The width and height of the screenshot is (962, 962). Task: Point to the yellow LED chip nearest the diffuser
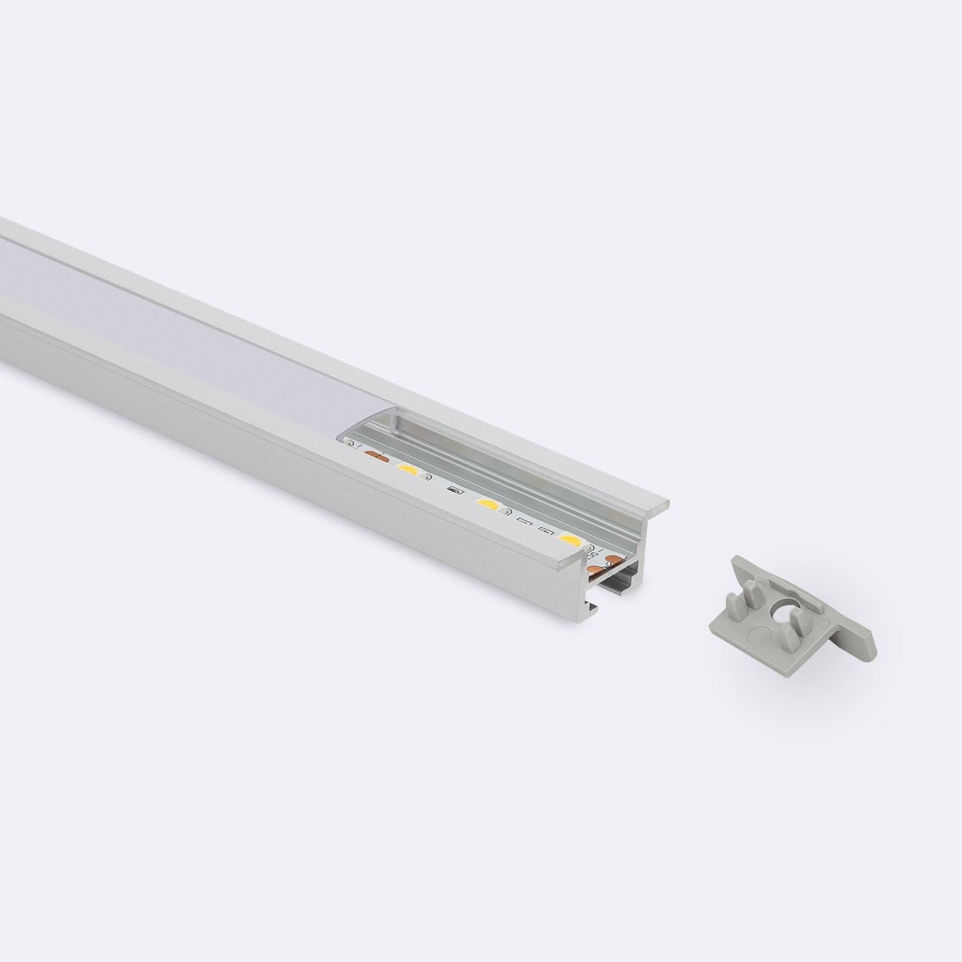coord(407,472)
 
